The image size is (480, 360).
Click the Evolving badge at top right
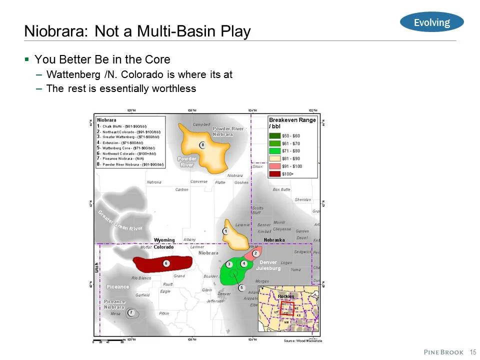(x=432, y=22)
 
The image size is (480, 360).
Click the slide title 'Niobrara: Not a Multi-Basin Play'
(x=137, y=32)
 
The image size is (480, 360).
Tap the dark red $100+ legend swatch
(x=274, y=173)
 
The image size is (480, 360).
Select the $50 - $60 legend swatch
(x=274, y=135)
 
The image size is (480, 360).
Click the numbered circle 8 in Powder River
(x=202, y=145)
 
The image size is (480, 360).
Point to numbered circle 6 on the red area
(x=166, y=263)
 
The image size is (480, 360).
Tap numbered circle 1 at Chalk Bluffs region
(x=225, y=231)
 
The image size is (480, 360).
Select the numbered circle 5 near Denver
(x=241, y=287)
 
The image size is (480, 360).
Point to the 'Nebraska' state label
(x=274, y=240)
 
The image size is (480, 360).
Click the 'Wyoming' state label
(x=164, y=240)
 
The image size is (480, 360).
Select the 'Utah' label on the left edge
(x=97, y=270)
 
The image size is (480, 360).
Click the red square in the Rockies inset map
(x=287, y=308)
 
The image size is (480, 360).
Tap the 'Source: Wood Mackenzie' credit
(x=302, y=340)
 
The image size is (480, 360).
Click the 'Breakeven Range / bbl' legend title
(x=292, y=123)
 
